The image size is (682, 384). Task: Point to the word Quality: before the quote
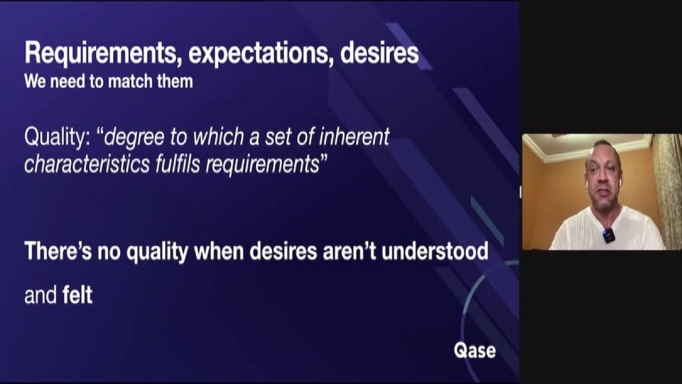point(57,138)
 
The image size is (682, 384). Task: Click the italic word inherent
point(354,137)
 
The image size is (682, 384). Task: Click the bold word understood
point(435,251)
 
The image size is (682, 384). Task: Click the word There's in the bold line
point(58,251)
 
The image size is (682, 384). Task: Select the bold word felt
point(77,295)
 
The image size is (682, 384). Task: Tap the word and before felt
point(40,295)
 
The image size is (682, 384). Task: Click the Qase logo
point(474,350)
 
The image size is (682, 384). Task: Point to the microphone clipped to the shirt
point(608,235)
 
